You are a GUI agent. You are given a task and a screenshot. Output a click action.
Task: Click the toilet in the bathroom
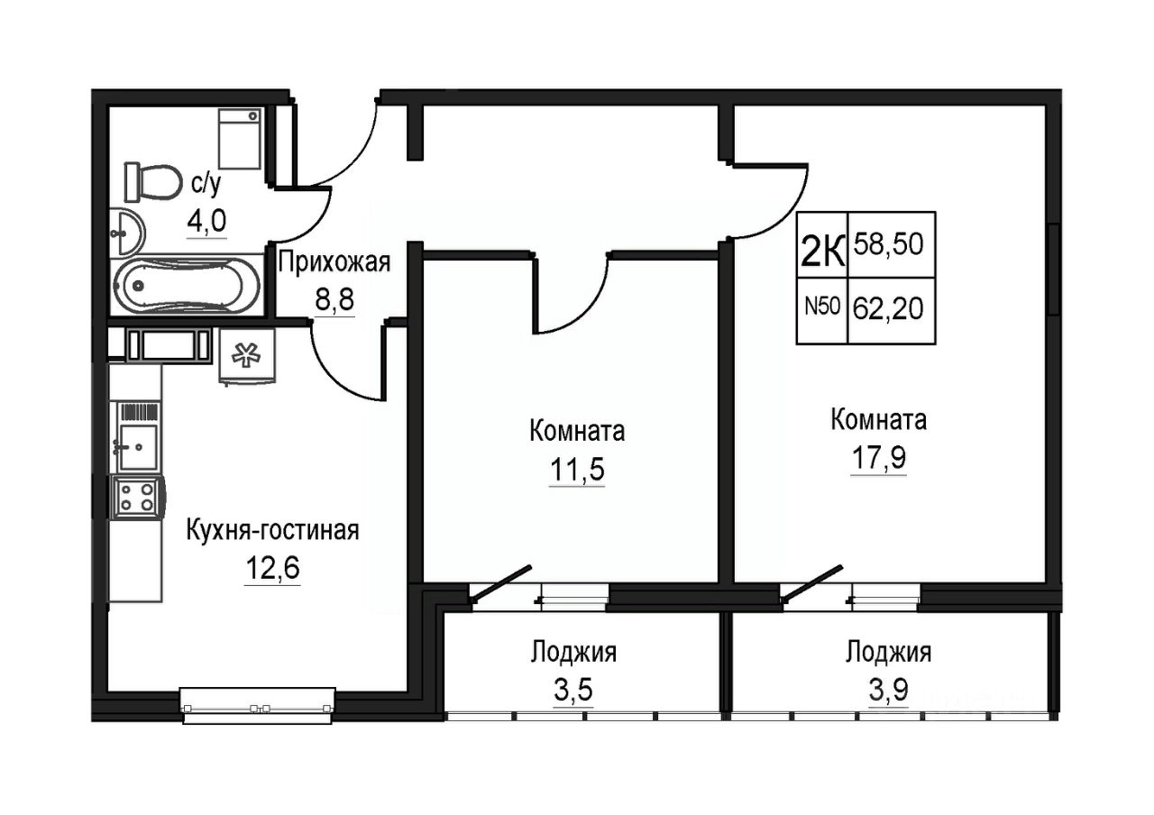pyautogui.click(x=153, y=182)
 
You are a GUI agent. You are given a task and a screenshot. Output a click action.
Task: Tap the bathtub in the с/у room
pyautogui.click(x=187, y=286)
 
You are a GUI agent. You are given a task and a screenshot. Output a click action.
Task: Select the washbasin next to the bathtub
pyautogui.click(x=128, y=232)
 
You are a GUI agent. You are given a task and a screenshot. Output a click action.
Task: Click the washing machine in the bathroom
pyautogui.click(x=239, y=139)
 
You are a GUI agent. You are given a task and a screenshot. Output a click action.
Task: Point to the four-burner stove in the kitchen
pyautogui.click(x=137, y=497)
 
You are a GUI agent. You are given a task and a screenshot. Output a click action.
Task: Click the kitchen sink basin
pyautogui.click(x=138, y=447)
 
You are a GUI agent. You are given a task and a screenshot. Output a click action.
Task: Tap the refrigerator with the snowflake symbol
pyautogui.click(x=247, y=356)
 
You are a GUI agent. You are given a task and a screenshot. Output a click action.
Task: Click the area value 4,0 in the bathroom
pyautogui.click(x=206, y=222)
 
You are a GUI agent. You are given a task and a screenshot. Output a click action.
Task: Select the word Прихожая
pyautogui.click(x=334, y=262)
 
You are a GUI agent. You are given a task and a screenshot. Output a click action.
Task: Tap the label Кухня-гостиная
pyautogui.click(x=272, y=530)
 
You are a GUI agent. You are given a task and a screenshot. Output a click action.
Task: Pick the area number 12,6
pyautogui.click(x=272, y=568)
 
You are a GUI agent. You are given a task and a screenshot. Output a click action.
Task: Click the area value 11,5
pyautogui.click(x=577, y=470)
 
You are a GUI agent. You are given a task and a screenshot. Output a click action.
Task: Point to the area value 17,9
pyautogui.click(x=878, y=457)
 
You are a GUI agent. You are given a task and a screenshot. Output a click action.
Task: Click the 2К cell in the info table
pyautogui.click(x=822, y=245)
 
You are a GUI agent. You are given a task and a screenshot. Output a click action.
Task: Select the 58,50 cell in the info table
pyautogui.click(x=892, y=245)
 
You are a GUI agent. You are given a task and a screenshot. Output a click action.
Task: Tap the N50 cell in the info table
pyautogui.click(x=822, y=311)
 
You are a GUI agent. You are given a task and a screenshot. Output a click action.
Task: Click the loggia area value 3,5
pyautogui.click(x=573, y=690)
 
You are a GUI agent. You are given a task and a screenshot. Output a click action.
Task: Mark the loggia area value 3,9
pyautogui.click(x=889, y=690)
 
